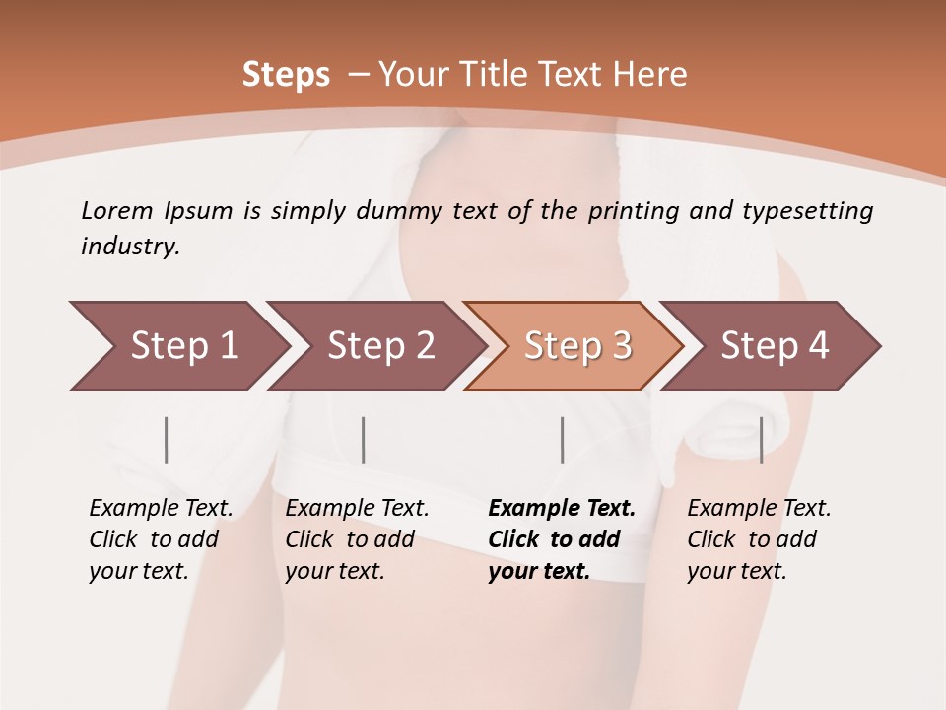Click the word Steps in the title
286,75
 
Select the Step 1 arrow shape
177,346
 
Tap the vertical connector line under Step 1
167,440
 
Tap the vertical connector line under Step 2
364,440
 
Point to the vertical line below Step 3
562,440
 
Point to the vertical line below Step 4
761,440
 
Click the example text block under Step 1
161,539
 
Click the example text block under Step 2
357,539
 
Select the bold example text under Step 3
562,539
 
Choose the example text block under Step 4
759,539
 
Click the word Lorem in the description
117,211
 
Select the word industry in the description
128,247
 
